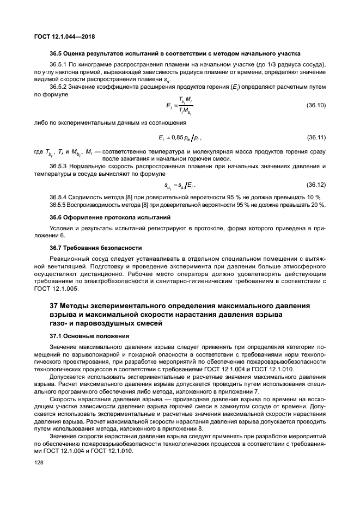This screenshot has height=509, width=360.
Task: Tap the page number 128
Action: (40, 462)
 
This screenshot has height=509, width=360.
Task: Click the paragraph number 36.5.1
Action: (59, 65)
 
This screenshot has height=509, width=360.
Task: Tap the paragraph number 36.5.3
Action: (59, 165)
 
